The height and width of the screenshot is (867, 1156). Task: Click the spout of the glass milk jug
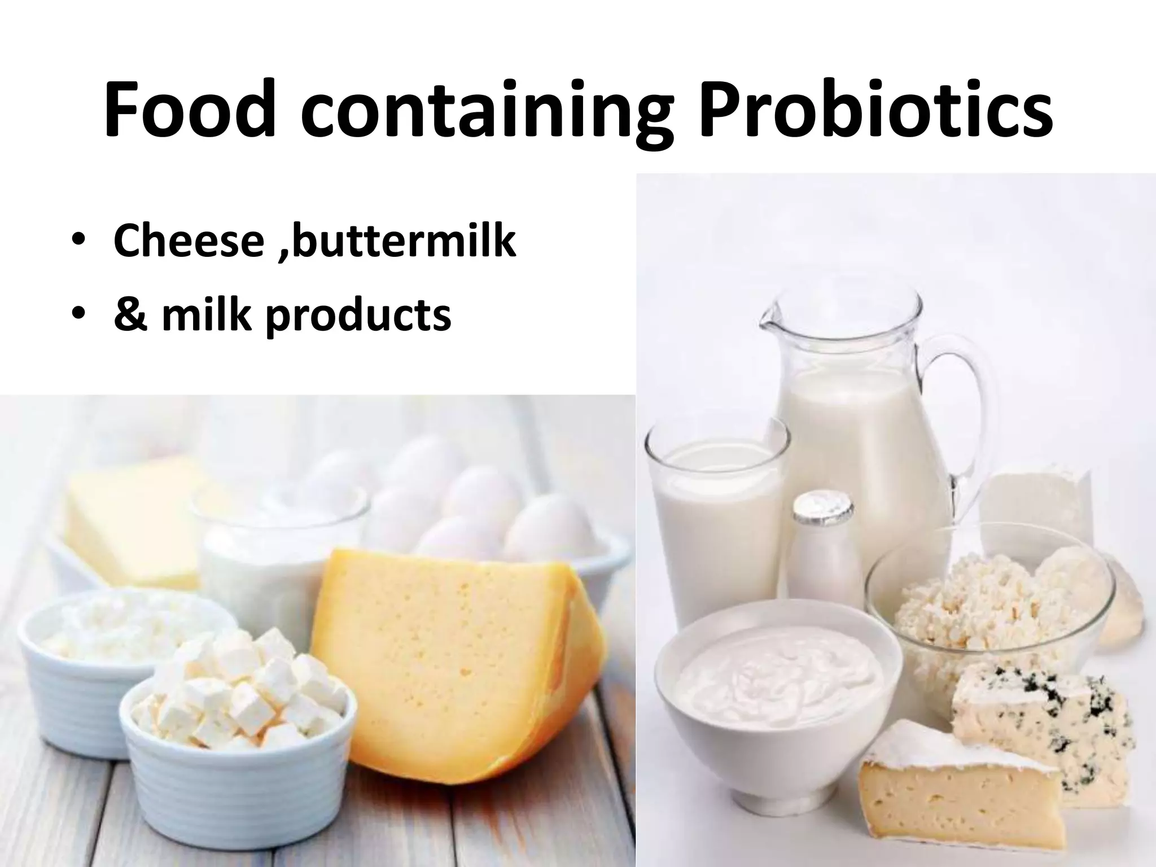tap(770, 325)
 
